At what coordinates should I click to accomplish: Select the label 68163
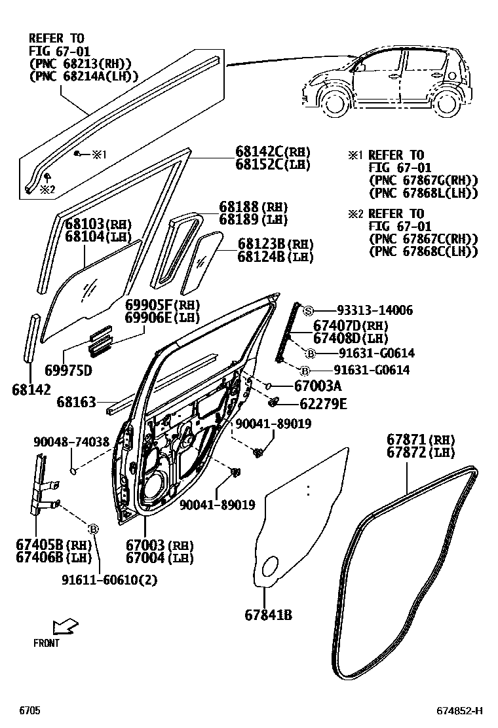click(x=76, y=401)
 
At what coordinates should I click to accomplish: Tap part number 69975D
click(x=69, y=371)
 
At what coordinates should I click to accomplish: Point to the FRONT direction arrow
click(x=66, y=627)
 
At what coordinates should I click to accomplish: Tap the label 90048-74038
click(x=71, y=442)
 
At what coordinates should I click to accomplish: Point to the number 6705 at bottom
click(x=29, y=710)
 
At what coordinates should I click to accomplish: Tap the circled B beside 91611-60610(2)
click(x=93, y=528)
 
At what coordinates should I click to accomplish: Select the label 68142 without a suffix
click(x=31, y=390)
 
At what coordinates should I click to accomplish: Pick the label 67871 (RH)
click(x=420, y=439)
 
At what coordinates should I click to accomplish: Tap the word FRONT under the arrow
click(x=47, y=643)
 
